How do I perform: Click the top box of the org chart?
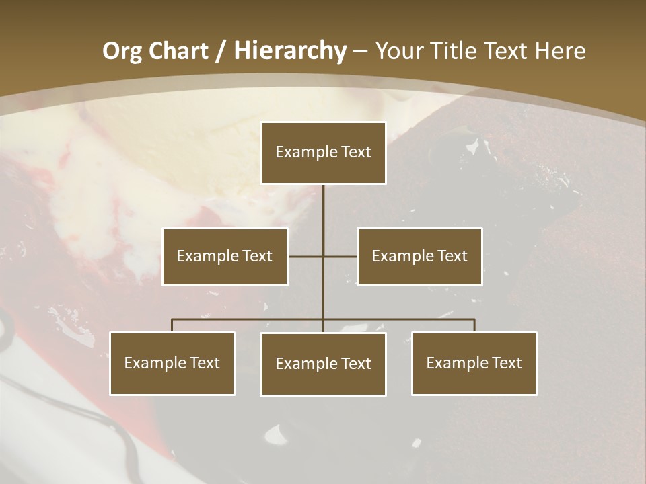coord(323,153)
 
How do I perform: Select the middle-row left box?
coord(225,256)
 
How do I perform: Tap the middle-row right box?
coord(419,256)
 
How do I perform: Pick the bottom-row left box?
coord(172,363)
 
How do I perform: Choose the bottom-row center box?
coord(323,364)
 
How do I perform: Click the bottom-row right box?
coord(474,363)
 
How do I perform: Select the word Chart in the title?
coord(177,50)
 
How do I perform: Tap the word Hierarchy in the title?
coord(289,50)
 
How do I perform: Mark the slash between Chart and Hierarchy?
coord(220,51)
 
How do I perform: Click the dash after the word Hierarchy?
coord(360,51)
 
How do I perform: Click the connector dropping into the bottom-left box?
coord(172,325)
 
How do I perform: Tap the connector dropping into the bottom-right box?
coord(474,325)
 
